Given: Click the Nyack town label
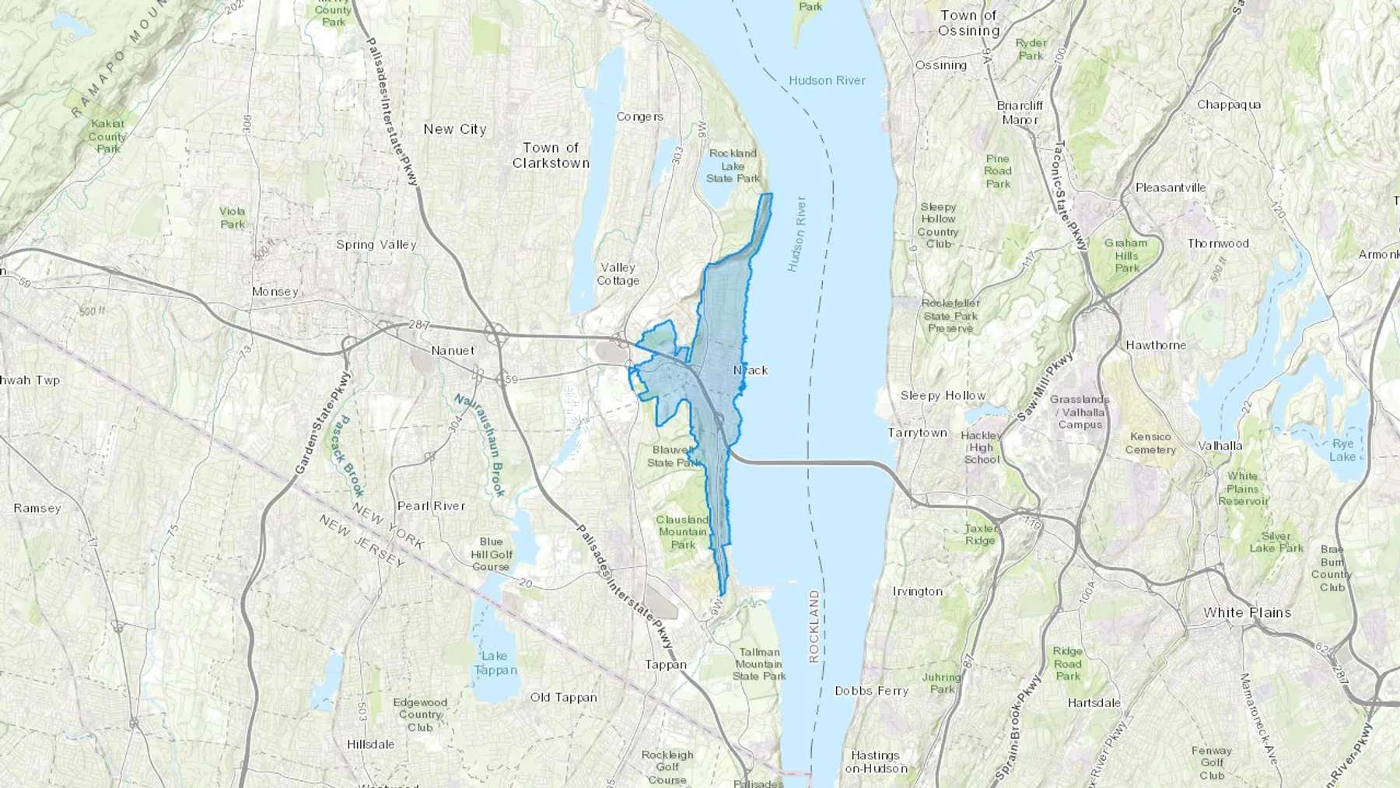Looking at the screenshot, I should pyautogui.click(x=751, y=370).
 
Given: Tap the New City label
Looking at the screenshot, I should pyautogui.click(x=454, y=129).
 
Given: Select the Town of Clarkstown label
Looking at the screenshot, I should pyautogui.click(x=551, y=156).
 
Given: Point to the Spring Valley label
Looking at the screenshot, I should pyautogui.click(x=376, y=244).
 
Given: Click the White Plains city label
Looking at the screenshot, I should pyautogui.click(x=1247, y=612).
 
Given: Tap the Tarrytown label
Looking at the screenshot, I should pyautogui.click(x=918, y=433).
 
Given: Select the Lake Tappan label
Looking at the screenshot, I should pyautogui.click(x=495, y=663).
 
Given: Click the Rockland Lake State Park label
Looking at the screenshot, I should pyautogui.click(x=733, y=166).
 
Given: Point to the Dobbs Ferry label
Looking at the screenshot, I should pyautogui.click(x=871, y=690).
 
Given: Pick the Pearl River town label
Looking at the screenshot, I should pyautogui.click(x=431, y=506).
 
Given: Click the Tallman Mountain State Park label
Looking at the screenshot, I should pyautogui.click(x=758, y=664).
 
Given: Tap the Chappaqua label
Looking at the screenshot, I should pyautogui.click(x=1229, y=104).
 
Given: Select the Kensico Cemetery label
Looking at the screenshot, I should pyautogui.click(x=1150, y=443).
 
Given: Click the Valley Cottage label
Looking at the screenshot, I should pyautogui.click(x=618, y=274).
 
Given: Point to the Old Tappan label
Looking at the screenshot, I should pyautogui.click(x=564, y=697).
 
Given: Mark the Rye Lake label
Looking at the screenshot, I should pyautogui.click(x=1342, y=450).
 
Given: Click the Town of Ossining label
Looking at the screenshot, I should pyautogui.click(x=968, y=23).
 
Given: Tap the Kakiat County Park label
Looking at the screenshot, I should pyautogui.click(x=107, y=136).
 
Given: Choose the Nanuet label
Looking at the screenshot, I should pyautogui.click(x=453, y=351).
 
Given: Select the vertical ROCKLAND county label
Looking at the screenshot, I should pyautogui.click(x=814, y=626).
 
